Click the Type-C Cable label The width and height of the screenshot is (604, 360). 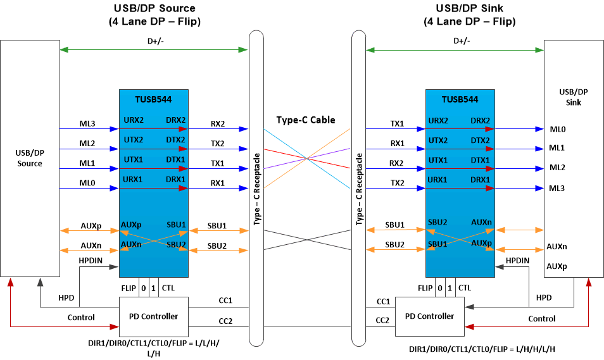click(306, 120)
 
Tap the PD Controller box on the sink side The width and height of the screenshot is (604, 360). click(429, 316)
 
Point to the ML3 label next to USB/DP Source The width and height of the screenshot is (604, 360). click(88, 123)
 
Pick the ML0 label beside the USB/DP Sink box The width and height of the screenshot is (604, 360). click(557, 129)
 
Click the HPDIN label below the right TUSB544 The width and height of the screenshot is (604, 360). click(517, 260)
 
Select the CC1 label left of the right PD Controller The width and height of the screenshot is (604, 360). click(383, 302)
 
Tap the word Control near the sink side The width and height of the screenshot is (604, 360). click(541, 318)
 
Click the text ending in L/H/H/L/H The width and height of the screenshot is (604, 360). click(483, 349)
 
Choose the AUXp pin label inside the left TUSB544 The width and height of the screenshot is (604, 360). click(131, 224)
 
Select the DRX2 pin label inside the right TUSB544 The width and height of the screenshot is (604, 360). click(479, 120)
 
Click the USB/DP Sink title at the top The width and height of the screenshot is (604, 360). click(469, 8)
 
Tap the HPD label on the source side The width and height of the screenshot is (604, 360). click(66, 297)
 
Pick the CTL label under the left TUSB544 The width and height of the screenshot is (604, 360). click(168, 288)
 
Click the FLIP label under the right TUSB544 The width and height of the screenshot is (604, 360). click(425, 288)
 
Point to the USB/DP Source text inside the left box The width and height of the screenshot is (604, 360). click(30, 158)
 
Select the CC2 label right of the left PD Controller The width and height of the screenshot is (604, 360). click(225, 321)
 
